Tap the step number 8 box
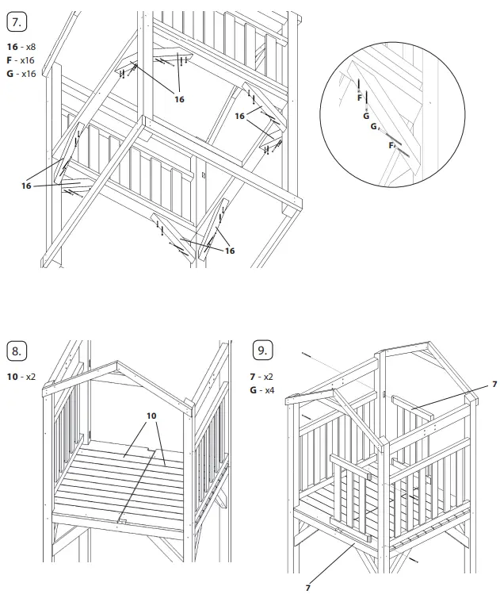(17, 351)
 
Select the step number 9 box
(261, 351)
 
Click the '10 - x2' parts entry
(21, 377)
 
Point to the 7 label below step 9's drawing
(307, 588)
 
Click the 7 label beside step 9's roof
(494, 385)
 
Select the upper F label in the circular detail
(359, 98)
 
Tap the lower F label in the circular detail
(391, 145)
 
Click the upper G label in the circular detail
(366, 116)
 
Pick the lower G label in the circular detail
(373, 126)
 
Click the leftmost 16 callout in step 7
(26, 186)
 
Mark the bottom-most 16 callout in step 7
(230, 251)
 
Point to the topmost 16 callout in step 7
(179, 99)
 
